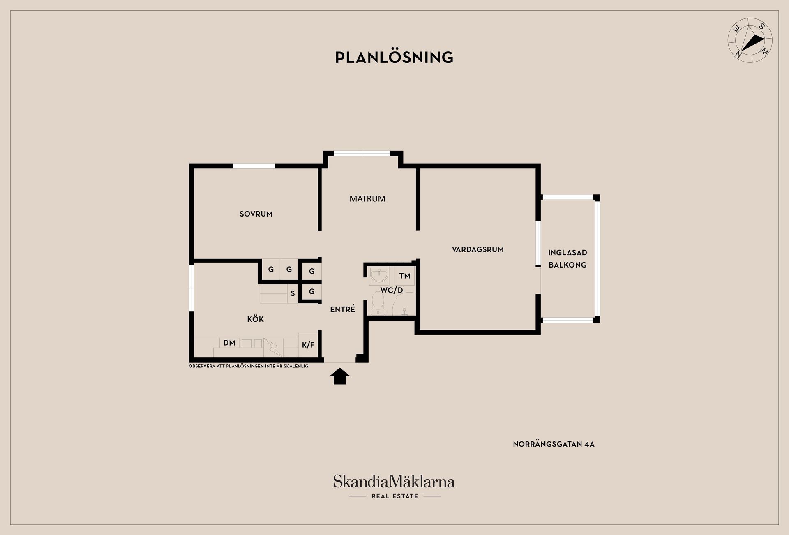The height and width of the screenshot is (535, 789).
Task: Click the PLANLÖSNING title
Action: (x=394, y=58)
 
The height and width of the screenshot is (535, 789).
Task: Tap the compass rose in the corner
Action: (x=750, y=40)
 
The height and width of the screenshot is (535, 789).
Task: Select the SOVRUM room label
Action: (x=256, y=214)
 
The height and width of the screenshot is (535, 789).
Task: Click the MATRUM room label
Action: (x=367, y=199)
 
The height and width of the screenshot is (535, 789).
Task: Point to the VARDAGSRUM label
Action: (x=478, y=249)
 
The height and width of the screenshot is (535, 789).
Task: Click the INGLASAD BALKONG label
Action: (x=568, y=259)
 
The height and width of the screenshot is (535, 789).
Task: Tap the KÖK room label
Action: (x=255, y=319)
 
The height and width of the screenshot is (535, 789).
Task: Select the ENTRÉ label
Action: (x=342, y=309)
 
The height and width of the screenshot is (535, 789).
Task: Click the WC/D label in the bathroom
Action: (x=391, y=290)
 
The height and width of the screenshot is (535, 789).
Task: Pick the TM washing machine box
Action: (x=405, y=276)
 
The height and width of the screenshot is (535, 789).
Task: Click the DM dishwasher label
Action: (x=229, y=343)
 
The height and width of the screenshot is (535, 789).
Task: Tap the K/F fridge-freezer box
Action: (x=308, y=345)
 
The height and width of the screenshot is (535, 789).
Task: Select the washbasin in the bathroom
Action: (x=378, y=275)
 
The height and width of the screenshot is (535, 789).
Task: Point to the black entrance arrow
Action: (x=339, y=376)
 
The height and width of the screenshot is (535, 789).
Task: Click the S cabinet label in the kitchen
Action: (x=293, y=293)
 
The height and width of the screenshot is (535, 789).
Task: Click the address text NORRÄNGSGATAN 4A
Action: (x=554, y=444)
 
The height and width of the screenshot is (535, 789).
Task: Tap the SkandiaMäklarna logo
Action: (x=394, y=482)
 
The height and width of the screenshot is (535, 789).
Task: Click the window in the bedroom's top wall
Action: (x=254, y=166)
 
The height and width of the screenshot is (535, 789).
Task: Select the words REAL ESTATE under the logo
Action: (x=394, y=496)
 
